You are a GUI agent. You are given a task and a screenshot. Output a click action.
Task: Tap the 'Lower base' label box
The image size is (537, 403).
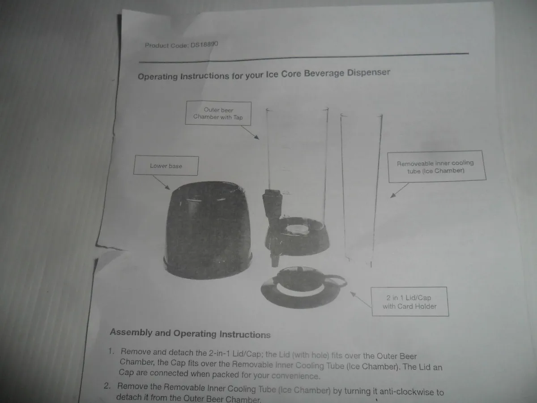166,166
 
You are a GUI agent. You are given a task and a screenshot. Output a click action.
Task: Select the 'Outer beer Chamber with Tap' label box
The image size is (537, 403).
218,113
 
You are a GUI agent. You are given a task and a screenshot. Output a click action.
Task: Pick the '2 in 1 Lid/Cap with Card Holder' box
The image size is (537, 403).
409,302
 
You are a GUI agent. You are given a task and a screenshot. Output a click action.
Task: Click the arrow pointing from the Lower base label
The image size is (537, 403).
162,182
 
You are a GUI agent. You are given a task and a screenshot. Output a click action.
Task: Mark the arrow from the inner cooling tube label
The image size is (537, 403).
399,190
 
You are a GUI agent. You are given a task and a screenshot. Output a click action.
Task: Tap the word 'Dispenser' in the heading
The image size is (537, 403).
368,73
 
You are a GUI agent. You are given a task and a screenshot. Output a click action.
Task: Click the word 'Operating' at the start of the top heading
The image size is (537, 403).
158,77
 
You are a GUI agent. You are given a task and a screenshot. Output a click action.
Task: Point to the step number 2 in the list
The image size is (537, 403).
107,386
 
